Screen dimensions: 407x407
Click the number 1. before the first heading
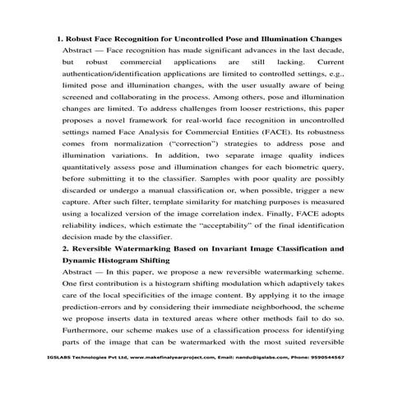pos(59,39)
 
